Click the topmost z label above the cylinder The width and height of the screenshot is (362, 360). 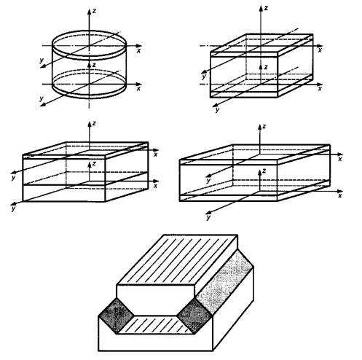(94, 11)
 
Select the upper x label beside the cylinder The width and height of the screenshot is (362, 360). (138, 50)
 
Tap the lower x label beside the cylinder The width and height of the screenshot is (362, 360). (138, 88)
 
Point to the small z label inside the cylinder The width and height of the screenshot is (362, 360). (94, 65)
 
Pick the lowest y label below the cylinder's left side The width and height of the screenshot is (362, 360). (42, 98)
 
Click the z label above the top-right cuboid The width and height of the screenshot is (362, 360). (266, 8)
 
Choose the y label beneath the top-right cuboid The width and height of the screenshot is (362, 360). (217, 110)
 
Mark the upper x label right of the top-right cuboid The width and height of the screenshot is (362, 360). (320, 50)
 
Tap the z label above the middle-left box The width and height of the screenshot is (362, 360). (94, 123)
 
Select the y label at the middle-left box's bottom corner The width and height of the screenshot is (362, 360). (14, 208)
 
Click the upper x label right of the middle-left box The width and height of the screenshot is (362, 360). (156, 154)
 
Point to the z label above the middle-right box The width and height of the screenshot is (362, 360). (264, 126)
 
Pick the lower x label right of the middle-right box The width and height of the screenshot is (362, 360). (340, 195)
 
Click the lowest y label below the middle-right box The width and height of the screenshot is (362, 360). (208, 217)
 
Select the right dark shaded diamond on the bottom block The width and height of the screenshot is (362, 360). (194, 316)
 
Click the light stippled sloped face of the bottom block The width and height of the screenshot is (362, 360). (224, 283)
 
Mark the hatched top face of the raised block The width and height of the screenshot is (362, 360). (177, 259)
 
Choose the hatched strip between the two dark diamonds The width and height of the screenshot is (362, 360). (155, 325)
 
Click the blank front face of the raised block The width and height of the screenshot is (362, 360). (155, 300)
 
